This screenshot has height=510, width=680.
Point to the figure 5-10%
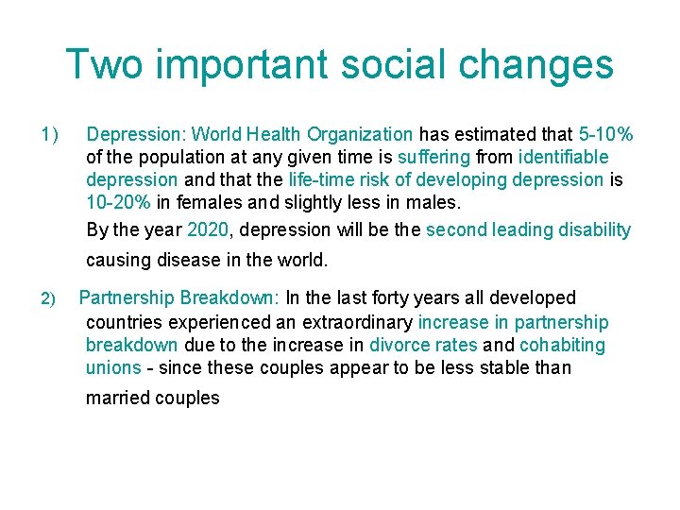coord(605,134)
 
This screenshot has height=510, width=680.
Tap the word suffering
coord(433,157)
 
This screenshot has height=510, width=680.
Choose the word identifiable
coord(563,157)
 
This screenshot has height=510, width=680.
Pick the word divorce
coord(401,346)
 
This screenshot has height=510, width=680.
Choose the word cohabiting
coord(563,346)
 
